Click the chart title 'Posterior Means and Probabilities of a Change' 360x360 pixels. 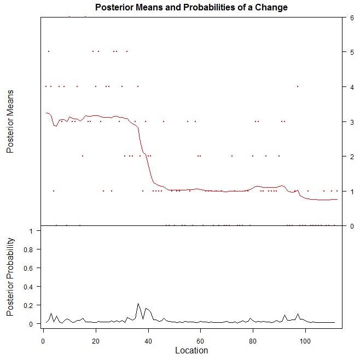(x=191, y=8)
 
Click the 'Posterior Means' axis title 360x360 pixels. (x=10, y=121)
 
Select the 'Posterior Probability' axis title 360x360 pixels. (x=10, y=276)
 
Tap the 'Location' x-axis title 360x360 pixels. (x=190, y=350)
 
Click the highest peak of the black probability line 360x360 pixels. (x=138, y=303)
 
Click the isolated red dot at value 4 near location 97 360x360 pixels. (x=297, y=86)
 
